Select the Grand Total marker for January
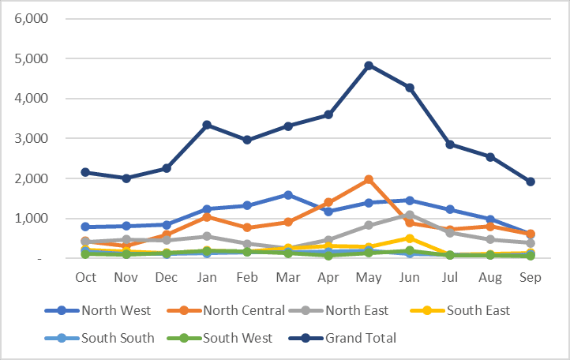tap(207, 125)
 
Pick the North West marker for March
tap(288, 194)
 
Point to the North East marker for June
tap(409, 215)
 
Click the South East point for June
tap(409, 238)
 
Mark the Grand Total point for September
tap(531, 182)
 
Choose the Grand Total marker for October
tap(85, 172)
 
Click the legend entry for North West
tap(117, 310)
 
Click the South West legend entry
tap(237, 338)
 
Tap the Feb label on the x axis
tap(247, 277)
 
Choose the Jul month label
tap(449, 277)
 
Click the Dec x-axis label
tap(167, 277)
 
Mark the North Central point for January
tap(207, 217)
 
